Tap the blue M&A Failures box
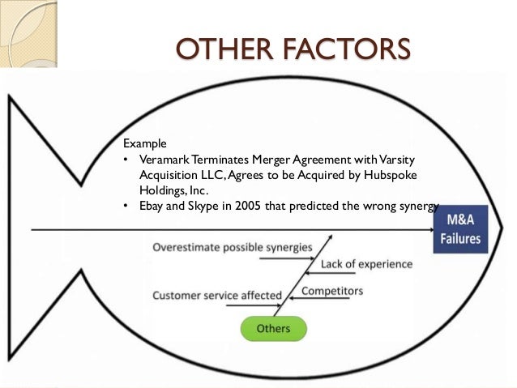459,230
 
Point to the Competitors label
332,291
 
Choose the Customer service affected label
217,295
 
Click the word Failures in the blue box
459,239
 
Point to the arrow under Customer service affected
259,305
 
